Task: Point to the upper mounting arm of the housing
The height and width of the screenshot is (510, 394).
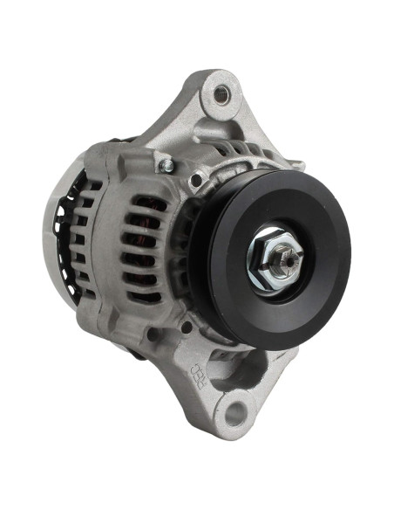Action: pos(187,122)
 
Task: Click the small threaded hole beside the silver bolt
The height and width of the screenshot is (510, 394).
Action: pos(198,179)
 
